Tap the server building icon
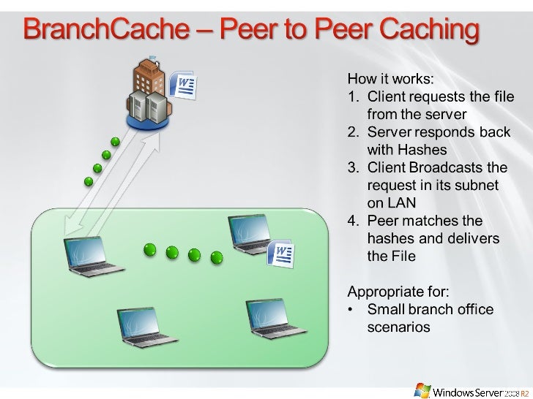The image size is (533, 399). pos(148,91)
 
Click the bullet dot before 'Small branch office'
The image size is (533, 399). pos(352,310)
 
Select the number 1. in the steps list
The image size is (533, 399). pos(351,96)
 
